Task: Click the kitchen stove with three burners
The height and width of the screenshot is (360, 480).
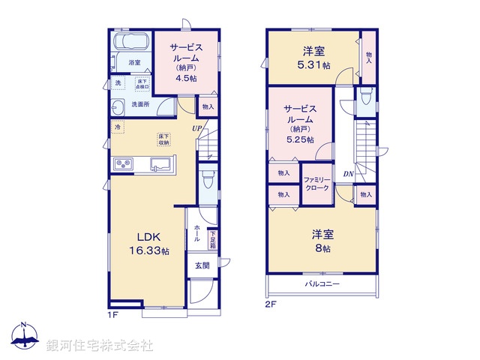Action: click(124, 164)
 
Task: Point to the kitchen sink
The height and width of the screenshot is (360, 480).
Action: click(161, 164)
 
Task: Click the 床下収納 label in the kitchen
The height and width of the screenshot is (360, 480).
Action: click(163, 139)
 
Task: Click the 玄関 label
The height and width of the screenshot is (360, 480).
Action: click(202, 265)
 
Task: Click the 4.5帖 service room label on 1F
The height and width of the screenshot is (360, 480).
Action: click(187, 64)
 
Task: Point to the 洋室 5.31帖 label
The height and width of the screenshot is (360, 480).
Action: click(313, 57)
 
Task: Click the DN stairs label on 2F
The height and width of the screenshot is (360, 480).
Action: click(349, 174)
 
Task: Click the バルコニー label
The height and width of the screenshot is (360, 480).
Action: click(322, 285)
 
